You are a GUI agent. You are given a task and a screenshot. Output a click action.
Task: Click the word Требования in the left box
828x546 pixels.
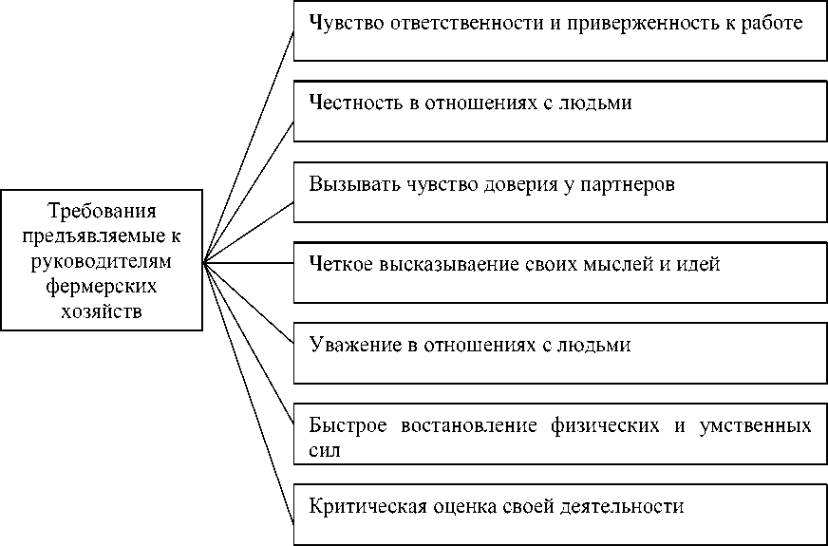coord(101,210)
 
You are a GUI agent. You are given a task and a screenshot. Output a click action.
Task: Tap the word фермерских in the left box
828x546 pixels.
coord(101,284)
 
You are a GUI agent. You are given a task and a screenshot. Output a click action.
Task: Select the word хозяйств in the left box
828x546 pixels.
coord(101,309)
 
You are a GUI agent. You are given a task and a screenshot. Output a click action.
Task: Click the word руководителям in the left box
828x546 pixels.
coord(101,259)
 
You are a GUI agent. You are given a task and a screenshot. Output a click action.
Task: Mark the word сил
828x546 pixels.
coord(325,450)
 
